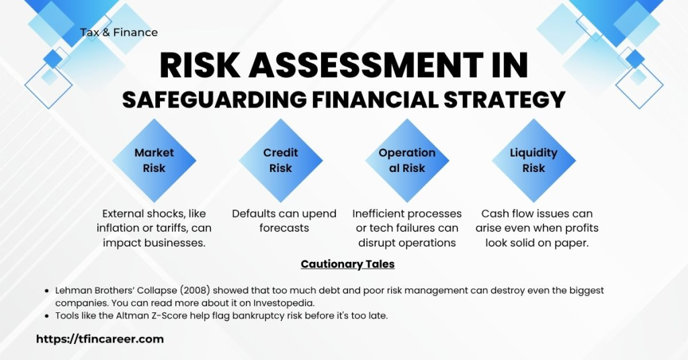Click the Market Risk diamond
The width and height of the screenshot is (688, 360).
click(x=154, y=161)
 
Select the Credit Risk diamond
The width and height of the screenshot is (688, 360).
click(x=280, y=161)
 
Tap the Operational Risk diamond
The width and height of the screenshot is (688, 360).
click(x=406, y=161)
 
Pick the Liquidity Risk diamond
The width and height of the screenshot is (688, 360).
click(x=533, y=161)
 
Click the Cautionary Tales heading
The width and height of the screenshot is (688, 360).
click(x=347, y=264)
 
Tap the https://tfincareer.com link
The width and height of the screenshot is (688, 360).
click(x=99, y=339)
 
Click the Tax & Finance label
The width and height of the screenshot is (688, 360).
click(x=119, y=32)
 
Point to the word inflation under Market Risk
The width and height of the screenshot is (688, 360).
click(x=120, y=228)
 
